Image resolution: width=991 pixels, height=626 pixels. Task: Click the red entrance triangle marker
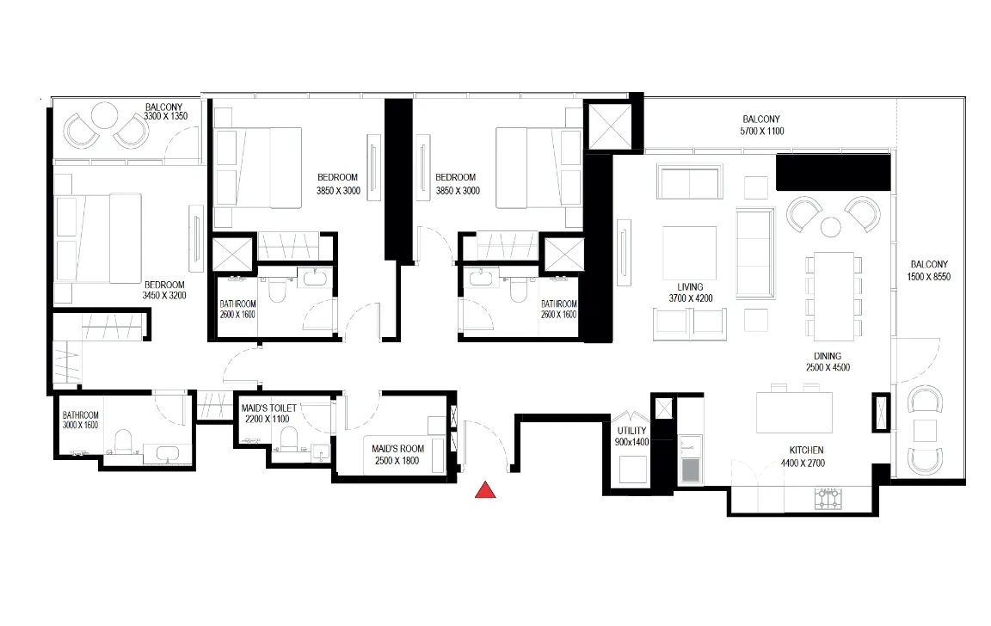tap(485, 489)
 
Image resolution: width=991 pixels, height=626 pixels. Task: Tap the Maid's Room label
tap(397, 449)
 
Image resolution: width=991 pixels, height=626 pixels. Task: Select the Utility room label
tap(631, 431)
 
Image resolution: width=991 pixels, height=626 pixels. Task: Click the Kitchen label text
tap(806, 451)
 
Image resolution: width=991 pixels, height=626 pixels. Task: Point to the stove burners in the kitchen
tap(828, 499)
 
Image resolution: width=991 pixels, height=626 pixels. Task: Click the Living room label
tap(690, 287)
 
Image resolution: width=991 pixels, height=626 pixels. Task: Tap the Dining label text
tap(828, 356)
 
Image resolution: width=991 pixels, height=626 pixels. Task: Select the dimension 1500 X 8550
tap(928, 277)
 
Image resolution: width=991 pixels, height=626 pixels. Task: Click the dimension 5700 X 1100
tap(761, 132)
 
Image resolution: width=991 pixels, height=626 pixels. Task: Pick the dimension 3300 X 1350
tap(165, 116)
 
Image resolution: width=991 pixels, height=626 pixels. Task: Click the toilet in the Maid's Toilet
tap(289, 439)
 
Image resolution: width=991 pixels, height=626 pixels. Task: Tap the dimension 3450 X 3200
tap(164, 295)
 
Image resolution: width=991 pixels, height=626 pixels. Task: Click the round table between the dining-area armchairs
tap(830, 227)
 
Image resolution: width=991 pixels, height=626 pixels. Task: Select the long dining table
tap(834, 297)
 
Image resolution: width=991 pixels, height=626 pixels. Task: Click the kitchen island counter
tap(795, 413)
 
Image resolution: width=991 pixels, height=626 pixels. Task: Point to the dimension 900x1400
tap(631, 442)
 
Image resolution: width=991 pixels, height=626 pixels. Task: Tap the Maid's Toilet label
tap(268, 408)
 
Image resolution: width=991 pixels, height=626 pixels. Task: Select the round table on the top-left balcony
tap(103, 115)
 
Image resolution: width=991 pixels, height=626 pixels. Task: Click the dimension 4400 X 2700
tap(803, 463)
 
